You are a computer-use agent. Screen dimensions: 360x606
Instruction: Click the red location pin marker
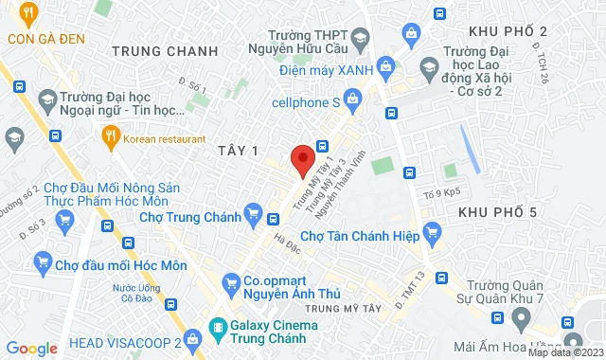pyautogui.click(x=302, y=160)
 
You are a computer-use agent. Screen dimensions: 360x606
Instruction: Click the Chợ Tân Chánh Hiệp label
pyautogui.click(x=360, y=235)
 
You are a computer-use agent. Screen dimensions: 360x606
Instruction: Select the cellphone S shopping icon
pyautogui.click(x=352, y=97)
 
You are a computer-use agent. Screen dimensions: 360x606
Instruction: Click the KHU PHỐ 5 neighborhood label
pyautogui.click(x=497, y=212)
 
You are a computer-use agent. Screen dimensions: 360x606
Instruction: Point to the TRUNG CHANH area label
pyautogui.click(x=158, y=50)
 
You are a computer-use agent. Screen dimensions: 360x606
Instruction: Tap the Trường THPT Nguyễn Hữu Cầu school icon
pyautogui.click(x=360, y=39)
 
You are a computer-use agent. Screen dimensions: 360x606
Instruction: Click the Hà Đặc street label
pyautogui.click(x=285, y=243)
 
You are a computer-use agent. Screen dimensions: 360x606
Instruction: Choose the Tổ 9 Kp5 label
pyautogui.click(x=442, y=191)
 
